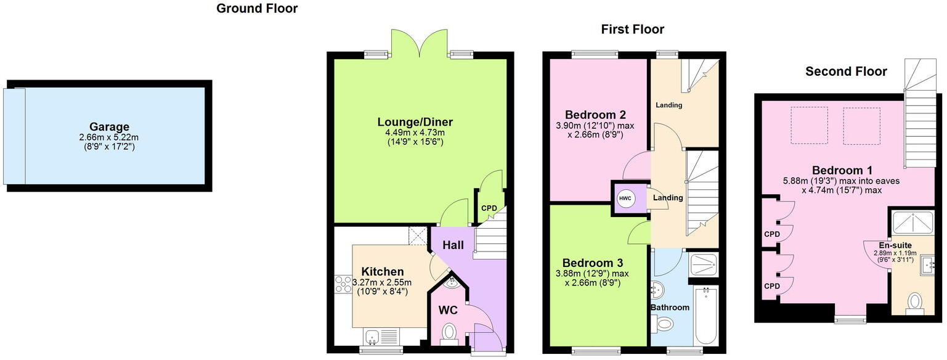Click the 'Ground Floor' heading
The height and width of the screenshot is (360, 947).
(x=257, y=9)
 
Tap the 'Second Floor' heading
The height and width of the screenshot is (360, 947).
(x=846, y=72)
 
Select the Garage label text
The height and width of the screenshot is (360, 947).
(x=108, y=127)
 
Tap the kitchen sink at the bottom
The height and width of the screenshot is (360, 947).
(x=372, y=337)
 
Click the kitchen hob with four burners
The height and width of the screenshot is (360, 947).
(x=342, y=285)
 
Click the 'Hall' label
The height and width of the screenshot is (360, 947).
(x=453, y=245)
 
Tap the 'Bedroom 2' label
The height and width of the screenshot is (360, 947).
(x=595, y=115)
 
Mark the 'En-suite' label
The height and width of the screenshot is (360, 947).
(x=896, y=245)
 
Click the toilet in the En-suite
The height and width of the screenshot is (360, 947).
(x=915, y=302)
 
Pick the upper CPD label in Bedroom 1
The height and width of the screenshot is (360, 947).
(x=771, y=234)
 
